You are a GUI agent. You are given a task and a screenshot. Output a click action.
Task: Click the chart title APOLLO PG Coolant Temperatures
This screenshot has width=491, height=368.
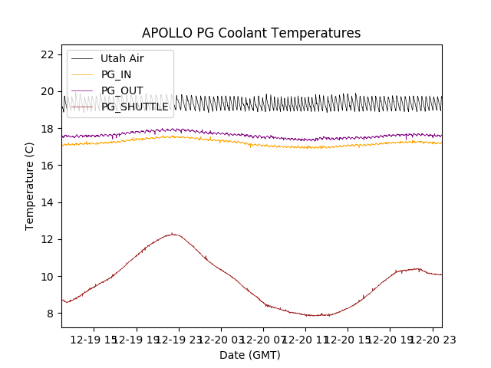coord(251,33)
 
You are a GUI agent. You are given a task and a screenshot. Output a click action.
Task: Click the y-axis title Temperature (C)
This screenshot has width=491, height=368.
coord(30,186)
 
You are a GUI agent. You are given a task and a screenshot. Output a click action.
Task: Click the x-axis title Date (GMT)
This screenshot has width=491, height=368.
coord(250,355)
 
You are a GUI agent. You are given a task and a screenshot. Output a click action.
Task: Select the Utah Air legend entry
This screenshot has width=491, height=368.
coord(121,58)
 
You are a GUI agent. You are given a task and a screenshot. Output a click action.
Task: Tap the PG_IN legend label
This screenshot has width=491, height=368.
coord(116,74)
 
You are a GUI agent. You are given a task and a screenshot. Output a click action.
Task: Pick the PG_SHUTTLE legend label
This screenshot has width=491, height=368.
coord(134,107)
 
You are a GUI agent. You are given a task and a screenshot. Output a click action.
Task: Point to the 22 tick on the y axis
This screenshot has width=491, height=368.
coord(47,54)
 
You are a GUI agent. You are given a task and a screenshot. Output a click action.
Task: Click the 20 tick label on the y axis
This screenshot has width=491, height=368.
coord(47,91)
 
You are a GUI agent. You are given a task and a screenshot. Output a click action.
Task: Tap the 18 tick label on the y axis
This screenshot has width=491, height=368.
coord(47,128)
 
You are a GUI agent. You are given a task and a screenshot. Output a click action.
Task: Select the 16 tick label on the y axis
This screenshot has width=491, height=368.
coord(47,166)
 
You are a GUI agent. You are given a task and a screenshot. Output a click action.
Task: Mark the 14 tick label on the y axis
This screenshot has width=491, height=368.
coord(47,202)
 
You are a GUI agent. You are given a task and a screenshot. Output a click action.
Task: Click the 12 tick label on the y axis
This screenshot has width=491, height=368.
coord(47,239)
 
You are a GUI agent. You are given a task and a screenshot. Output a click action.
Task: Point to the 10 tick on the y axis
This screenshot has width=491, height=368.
coord(47,276)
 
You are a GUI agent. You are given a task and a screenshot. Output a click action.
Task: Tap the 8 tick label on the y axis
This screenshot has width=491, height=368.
coord(50,314)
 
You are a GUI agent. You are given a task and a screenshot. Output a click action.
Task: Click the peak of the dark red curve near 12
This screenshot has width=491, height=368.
coord(173,234)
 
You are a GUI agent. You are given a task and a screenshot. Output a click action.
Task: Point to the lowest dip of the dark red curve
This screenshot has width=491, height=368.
coord(316,316)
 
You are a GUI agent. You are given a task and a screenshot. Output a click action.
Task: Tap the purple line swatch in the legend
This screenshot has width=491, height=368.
coord(82,90)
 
